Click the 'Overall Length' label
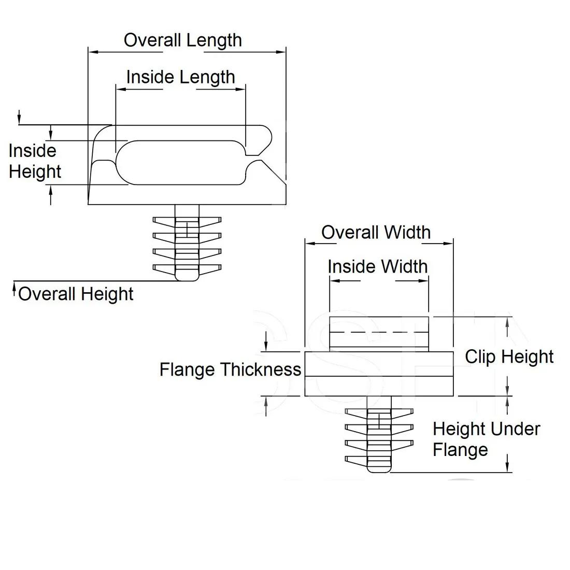coord(182,40)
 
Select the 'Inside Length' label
coord(180,77)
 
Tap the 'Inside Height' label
coord(34,161)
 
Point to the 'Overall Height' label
coord(76,294)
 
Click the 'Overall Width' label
coord(376,232)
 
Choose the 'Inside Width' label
coord(378,266)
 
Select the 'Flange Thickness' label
coord(230,369)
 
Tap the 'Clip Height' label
coord(509,357)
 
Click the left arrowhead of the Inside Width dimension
coord(334,281)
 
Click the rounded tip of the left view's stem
coord(187,278)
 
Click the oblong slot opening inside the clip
coord(181,162)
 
